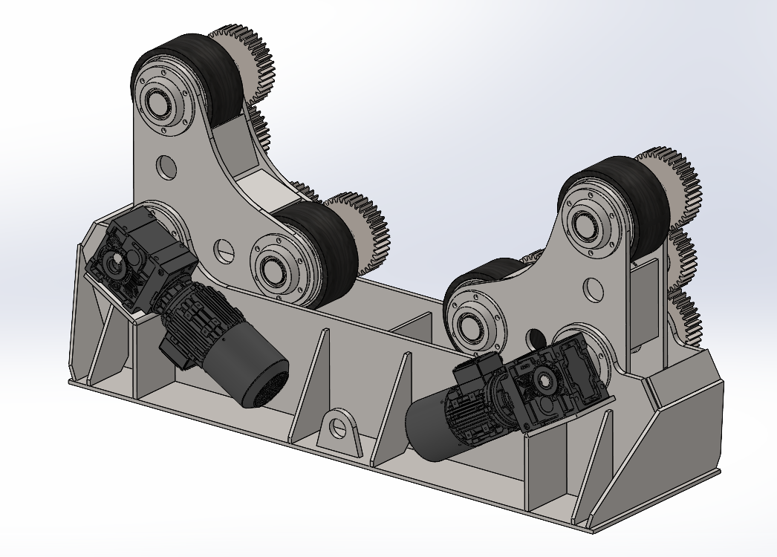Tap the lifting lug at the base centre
[x=342, y=430]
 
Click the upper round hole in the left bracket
[x=166, y=166]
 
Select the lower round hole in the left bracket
[x=222, y=250]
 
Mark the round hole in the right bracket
[x=592, y=287]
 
